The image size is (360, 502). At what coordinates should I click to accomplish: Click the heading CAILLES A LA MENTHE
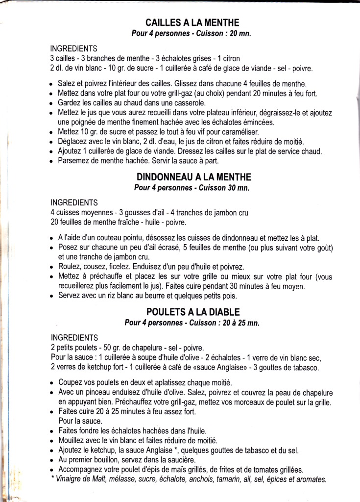192,23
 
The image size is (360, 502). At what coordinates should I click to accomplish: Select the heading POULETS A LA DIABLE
194,312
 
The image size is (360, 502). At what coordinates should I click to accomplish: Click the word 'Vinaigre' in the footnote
70,479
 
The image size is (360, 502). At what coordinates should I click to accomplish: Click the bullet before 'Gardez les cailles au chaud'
51,103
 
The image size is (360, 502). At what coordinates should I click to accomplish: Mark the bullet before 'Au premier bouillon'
51,460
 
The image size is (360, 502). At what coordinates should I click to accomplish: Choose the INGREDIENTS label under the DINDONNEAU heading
74,202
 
